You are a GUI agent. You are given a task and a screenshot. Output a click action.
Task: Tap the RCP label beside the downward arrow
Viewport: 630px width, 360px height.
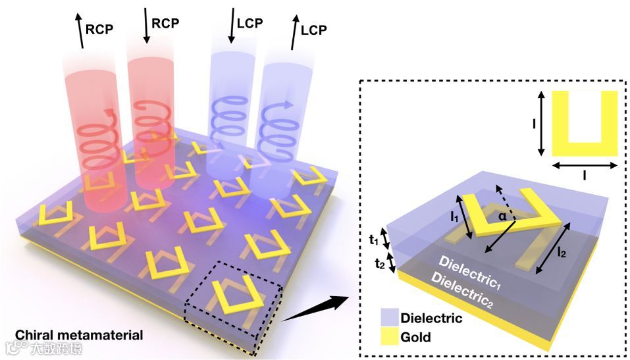click(x=165, y=22)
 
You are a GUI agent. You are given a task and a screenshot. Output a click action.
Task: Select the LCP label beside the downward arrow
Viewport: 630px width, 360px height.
click(x=249, y=22)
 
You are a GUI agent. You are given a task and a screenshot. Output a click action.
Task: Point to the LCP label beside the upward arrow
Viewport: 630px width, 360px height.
click(x=315, y=30)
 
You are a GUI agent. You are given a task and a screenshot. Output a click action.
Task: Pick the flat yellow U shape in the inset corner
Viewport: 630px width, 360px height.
click(x=584, y=122)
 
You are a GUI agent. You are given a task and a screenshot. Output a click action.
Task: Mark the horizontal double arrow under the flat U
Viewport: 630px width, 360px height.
click(x=584, y=166)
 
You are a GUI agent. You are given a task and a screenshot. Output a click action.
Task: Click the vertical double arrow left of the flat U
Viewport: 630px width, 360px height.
click(x=540, y=123)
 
